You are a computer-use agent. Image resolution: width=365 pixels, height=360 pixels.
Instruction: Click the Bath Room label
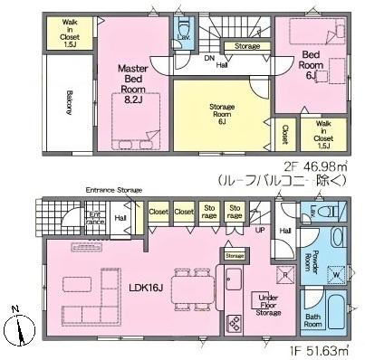(311, 321)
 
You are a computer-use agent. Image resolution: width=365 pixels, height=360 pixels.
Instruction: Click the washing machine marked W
(336, 273)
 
